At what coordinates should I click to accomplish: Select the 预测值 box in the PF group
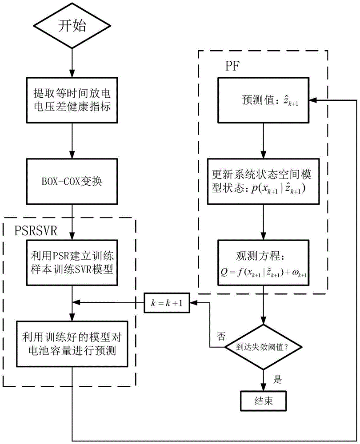click(265, 101)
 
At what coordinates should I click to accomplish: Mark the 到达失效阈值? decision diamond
click(265, 348)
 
